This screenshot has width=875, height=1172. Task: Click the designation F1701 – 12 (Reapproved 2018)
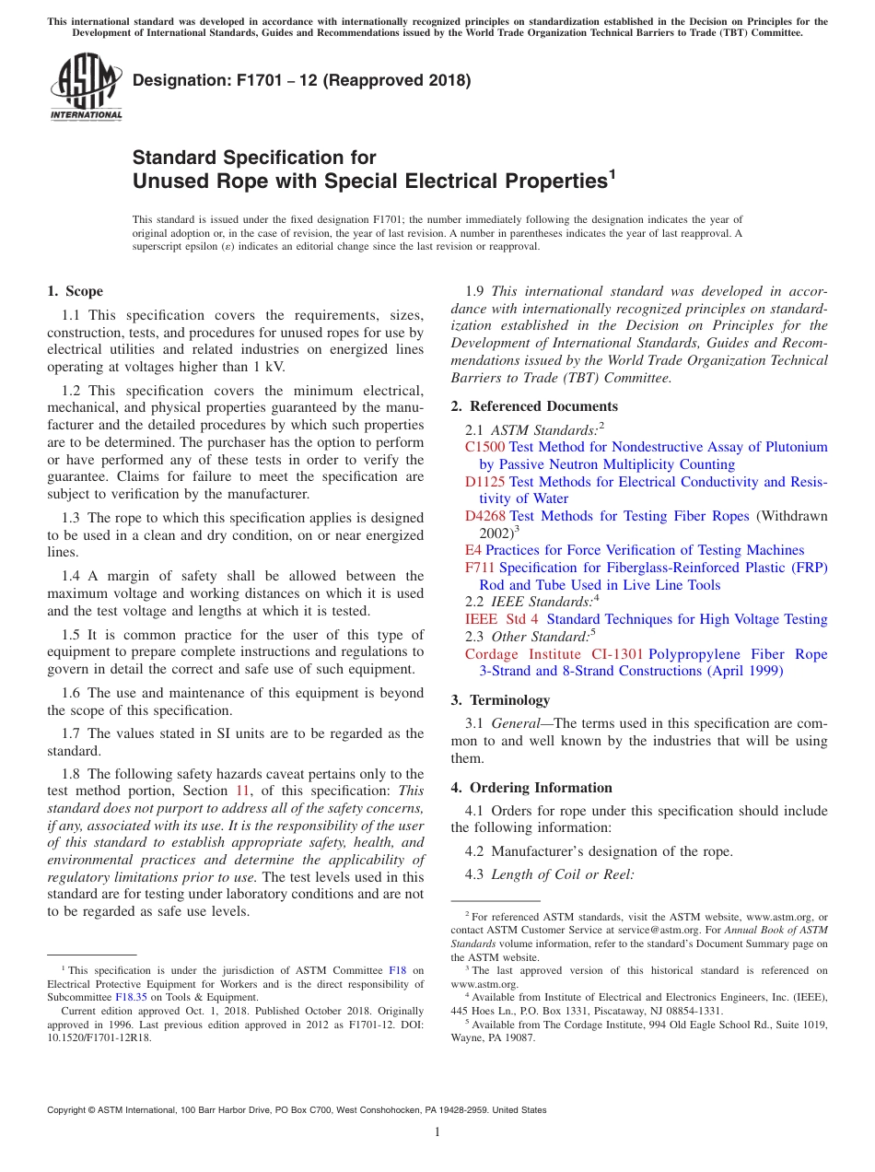[301, 80]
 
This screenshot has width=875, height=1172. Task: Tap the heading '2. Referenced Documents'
[534, 406]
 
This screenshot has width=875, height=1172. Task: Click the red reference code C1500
[484, 447]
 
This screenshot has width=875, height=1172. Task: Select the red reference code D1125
[484, 482]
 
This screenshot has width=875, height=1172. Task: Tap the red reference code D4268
[484, 516]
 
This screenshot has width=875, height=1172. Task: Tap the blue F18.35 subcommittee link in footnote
[130, 996]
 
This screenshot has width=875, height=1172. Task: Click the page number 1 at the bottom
[437, 1132]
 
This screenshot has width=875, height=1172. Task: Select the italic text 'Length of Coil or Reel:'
[562, 874]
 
